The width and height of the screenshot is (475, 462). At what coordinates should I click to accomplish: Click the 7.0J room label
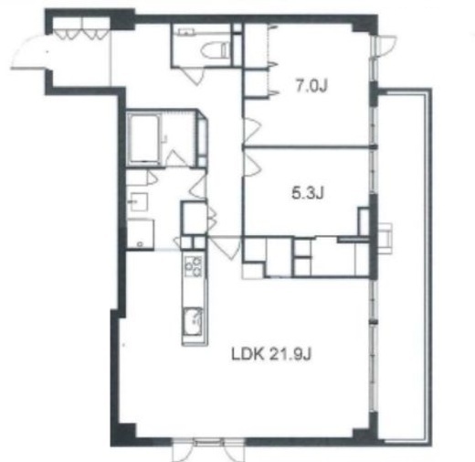click(311, 86)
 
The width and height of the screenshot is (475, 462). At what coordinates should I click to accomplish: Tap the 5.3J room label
click(308, 193)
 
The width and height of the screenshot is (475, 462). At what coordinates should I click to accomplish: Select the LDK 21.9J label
click(271, 355)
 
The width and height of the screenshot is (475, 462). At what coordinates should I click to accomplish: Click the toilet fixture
click(215, 49)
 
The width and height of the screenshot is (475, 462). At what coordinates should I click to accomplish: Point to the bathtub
click(143, 139)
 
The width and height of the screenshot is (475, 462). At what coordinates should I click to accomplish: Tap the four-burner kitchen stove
click(194, 265)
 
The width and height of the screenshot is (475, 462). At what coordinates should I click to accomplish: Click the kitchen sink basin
click(193, 321)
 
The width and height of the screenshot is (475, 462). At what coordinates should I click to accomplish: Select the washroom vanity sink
click(139, 201)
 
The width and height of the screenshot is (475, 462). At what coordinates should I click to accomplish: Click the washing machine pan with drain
click(141, 234)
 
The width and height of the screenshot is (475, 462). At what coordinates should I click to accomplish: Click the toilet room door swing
click(192, 75)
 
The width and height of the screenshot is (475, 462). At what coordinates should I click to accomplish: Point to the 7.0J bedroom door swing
click(252, 128)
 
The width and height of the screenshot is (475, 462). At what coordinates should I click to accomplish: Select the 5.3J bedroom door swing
click(252, 166)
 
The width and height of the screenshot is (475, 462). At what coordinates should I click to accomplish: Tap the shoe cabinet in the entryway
click(81, 28)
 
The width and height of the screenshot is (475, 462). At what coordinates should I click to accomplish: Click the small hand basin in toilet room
click(186, 31)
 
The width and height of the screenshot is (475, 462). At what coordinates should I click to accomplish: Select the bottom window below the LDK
click(208, 449)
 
